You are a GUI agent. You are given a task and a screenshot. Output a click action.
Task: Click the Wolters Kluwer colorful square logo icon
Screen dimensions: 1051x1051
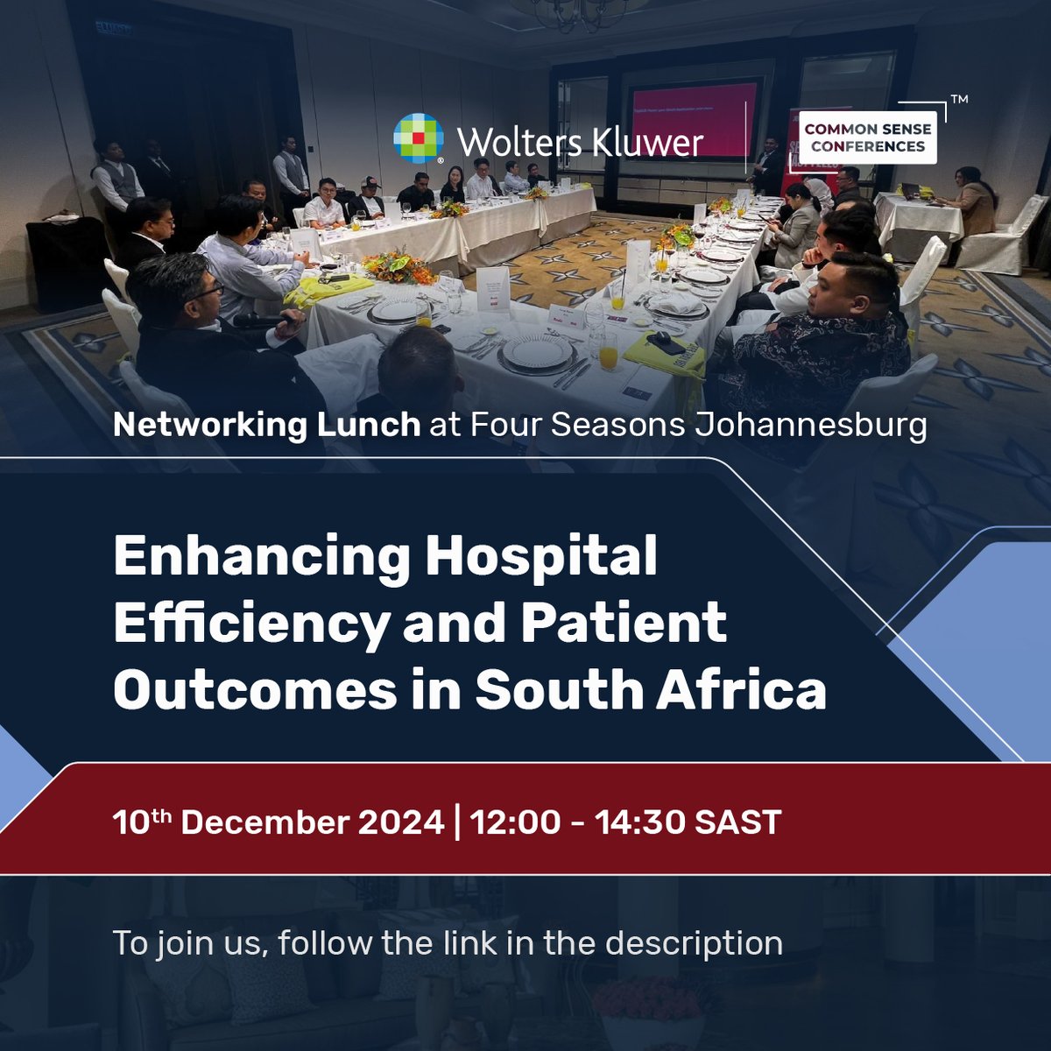click(419, 138)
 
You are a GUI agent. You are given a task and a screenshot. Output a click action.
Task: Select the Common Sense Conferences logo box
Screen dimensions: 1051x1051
click(868, 138)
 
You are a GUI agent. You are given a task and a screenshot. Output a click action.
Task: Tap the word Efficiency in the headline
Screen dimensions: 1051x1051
click(250, 624)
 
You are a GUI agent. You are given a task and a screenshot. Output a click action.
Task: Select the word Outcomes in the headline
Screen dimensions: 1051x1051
click(255, 690)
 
